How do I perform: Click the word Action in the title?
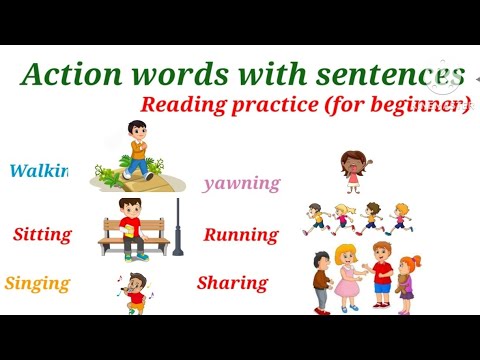pos(66,74)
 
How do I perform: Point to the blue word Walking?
pos(38,171)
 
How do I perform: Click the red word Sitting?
pos(42,235)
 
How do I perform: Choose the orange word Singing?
pos(37,283)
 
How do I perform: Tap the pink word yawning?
pos(241,183)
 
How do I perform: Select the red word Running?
pos(240,235)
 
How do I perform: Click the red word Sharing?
pos(232,283)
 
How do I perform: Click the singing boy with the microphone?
pos(137,294)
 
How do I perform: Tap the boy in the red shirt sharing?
pos(381,273)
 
